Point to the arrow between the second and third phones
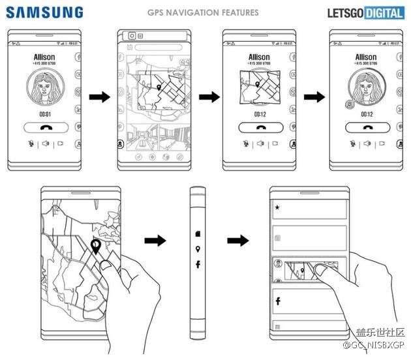coord(207,98)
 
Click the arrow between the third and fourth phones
coord(314,98)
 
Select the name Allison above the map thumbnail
coord(259,57)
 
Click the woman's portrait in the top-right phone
coord(365,90)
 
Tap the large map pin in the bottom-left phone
coord(96,247)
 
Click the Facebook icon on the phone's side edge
coord(198,264)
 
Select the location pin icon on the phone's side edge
coord(197,249)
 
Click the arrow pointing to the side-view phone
coord(155,241)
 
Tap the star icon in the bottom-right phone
coord(277,208)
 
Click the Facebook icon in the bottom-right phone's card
coord(277,301)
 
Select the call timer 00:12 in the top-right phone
coord(365,114)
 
